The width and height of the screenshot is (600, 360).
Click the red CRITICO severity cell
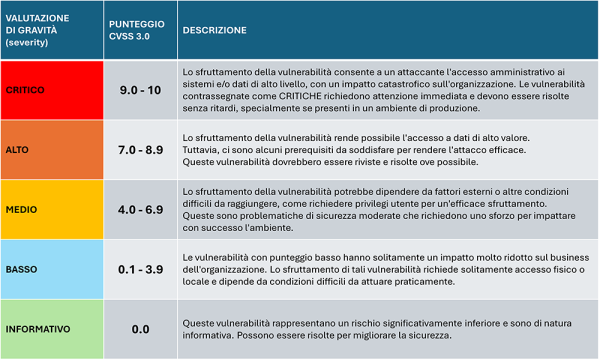point(50,88)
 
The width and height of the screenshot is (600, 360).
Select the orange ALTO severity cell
point(50,147)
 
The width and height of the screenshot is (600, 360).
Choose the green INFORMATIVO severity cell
point(50,327)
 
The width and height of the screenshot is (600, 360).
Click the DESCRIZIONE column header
point(214,30)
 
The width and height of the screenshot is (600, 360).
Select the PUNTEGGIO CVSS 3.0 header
point(135,30)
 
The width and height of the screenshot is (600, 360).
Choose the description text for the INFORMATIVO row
point(380,327)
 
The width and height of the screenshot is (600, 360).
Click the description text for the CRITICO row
point(380,88)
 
